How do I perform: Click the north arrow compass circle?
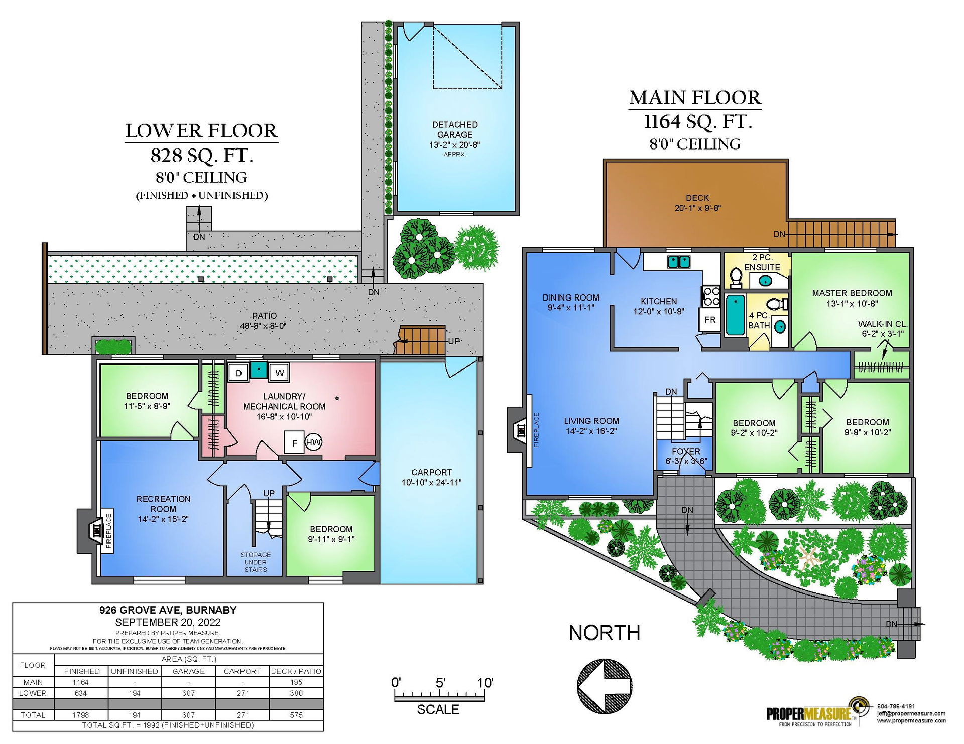pos(604,686)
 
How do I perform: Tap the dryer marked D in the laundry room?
pos(239,373)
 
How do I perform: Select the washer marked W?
pos(279,373)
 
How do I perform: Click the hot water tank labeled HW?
pos(313,442)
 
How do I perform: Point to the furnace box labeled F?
pos(295,443)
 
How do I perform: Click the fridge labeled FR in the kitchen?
pos(710,320)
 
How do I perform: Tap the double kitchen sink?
pos(679,262)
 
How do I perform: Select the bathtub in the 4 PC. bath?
pos(736,315)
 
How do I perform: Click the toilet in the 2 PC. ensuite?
pos(736,277)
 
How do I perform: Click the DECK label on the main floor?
pos(697,198)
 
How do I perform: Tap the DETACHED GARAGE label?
pos(455,129)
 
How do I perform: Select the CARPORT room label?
pos(431,472)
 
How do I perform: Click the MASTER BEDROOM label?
pos(852,293)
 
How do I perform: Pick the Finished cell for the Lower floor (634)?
pos(81,693)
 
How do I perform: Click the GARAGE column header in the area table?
pos(189,671)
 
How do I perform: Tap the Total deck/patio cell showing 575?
pos(296,715)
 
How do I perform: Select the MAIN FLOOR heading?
pos(695,98)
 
